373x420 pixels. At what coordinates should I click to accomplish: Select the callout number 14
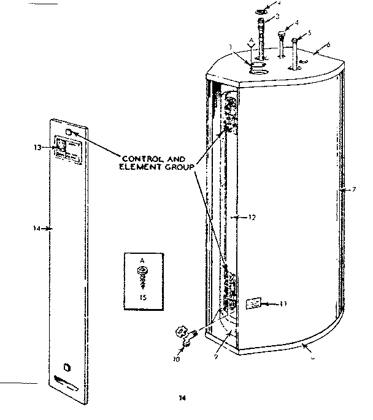pyautogui.click(x=36, y=228)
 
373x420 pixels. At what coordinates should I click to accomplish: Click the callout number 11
pyautogui.click(x=283, y=304)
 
